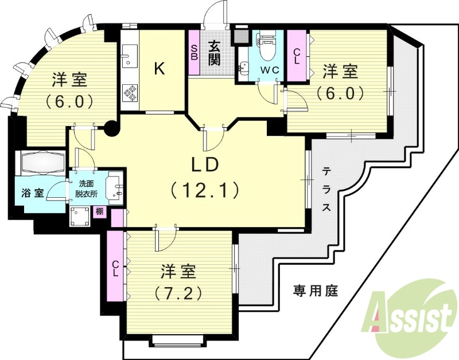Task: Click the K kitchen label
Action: [x=160, y=69]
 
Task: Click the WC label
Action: [x=270, y=70]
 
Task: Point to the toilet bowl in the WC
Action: [x=266, y=49]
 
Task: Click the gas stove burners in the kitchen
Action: [x=130, y=92]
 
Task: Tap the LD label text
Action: [x=204, y=165]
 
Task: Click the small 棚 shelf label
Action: [x=99, y=212]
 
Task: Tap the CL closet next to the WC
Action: [x=297, y=56]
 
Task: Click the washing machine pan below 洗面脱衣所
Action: [x=78, y=216]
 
